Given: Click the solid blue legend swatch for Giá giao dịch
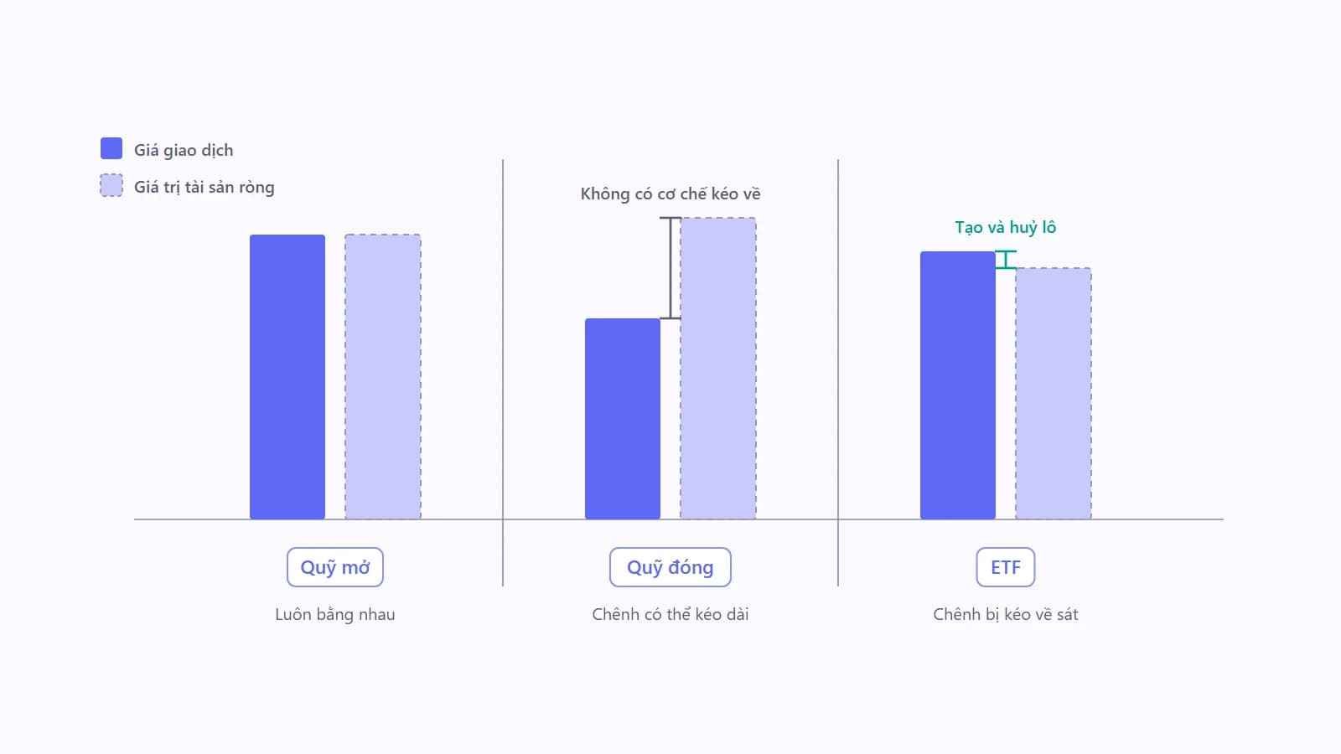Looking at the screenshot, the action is coord(111,148).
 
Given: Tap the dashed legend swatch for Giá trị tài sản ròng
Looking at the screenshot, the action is coord(111,185).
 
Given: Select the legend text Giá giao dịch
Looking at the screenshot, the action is coord(184,150).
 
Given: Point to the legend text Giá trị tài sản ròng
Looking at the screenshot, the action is coord(205,188).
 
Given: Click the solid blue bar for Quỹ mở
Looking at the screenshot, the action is coord(287,377).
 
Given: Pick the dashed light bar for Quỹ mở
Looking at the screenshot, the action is coord(383,377).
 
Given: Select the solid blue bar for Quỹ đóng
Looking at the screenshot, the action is coord(623,419).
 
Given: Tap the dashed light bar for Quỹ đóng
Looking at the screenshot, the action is coord(718,369).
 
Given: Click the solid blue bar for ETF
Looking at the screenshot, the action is coord(958,385).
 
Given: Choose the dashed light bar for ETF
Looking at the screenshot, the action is coord(1054,394).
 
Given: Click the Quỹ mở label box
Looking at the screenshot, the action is coord(335,567).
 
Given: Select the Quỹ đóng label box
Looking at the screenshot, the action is coord(670,567).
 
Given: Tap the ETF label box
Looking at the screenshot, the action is coord(1006,567).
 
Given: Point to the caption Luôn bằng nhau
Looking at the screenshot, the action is coord(335,615).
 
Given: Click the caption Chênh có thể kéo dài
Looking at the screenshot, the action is coord(670,615).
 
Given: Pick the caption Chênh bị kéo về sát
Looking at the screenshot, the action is coord(1006,615).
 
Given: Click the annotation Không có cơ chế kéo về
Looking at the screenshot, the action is coord(670,194).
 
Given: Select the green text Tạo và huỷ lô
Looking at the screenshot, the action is coord(1006,227).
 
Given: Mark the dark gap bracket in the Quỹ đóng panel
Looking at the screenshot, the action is coord(670,268).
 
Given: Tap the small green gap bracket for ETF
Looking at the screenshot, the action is coord(1006,260).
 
